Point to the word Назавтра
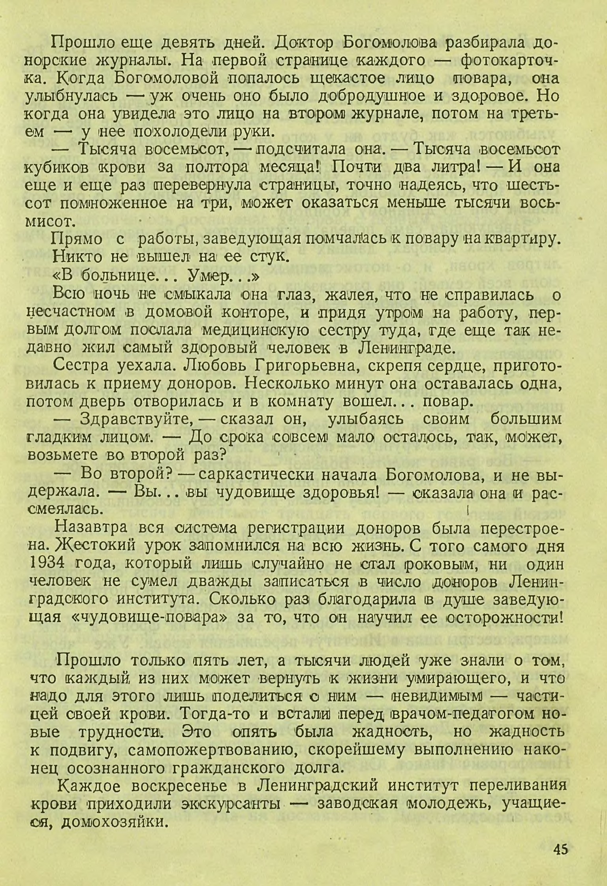pos(91,528)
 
